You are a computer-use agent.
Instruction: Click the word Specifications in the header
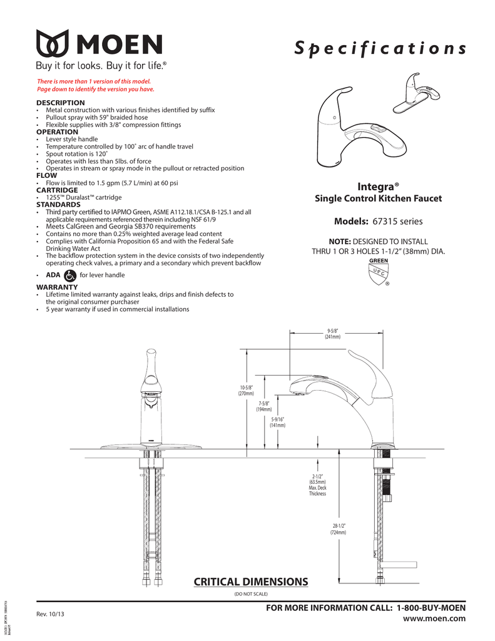point(380,49)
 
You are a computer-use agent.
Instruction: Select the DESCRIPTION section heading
point(60,102)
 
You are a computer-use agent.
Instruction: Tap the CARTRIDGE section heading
point(57,190)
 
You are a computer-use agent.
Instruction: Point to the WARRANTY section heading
point(56,286)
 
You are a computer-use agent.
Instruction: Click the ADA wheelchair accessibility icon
point(70,275)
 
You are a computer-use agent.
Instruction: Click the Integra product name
point(377,187)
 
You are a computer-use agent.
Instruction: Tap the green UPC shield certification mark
point(378,274)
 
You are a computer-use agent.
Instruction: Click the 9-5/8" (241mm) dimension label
point(332,334)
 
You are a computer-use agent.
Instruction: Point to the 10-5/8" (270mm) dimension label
point(246,391)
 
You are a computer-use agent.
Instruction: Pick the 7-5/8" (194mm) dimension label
point(263,406)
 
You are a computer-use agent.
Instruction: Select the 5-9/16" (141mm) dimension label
point(277,423)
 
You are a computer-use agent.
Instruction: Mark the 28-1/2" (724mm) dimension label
point(339,528)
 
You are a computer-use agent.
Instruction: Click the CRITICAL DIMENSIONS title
point(251,582)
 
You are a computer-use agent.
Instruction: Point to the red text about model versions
point(95,85)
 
